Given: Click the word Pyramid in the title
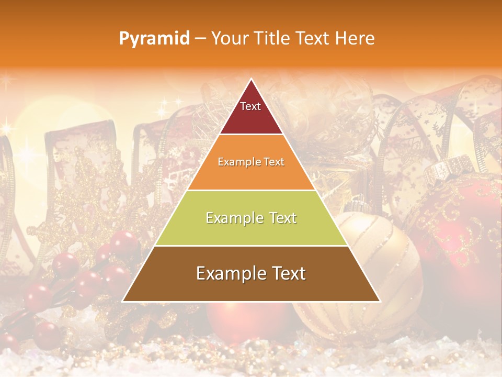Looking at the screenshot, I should [154, 39].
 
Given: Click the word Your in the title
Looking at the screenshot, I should [230, 38].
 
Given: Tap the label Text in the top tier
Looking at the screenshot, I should [250, 106].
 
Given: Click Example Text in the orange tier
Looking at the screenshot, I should [251, 162].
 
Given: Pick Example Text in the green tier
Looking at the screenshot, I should [251, 218].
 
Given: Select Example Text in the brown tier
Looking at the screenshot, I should [251, 273].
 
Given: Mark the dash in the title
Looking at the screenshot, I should [199, 39].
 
